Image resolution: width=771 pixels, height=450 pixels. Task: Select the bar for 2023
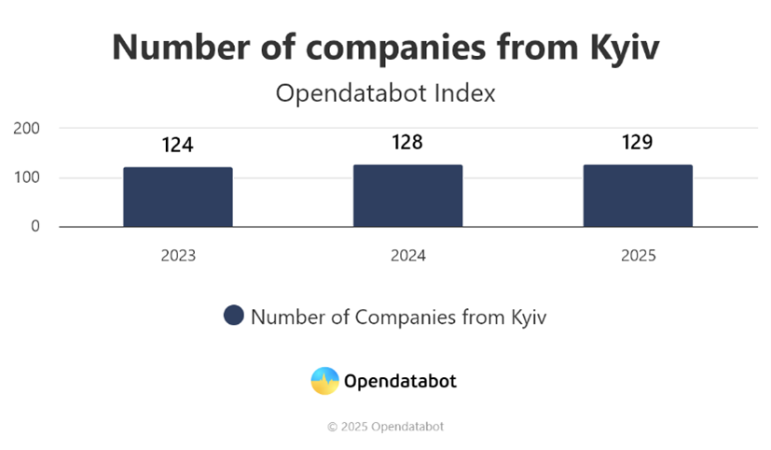(177, 197)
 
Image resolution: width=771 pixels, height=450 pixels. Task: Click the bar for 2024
(407, 196)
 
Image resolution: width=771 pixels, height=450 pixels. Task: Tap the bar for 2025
(638, 196)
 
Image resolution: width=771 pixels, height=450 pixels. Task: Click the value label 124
(177, 146)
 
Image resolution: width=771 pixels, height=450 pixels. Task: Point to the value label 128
(407, 142)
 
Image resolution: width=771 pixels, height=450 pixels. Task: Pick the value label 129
(638, 142)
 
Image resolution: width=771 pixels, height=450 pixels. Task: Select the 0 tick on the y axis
(35, 227)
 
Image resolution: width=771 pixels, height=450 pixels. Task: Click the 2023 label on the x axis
(177, 256)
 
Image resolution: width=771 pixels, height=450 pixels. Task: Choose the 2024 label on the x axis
(407, 256)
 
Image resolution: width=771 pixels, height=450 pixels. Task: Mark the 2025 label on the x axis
(638, 256)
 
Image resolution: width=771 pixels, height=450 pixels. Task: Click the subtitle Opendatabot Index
(385, 93)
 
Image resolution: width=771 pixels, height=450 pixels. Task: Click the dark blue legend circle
(234, 316)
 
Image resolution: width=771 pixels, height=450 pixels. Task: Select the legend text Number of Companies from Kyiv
(399, 316)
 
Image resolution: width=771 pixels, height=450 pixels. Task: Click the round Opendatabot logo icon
(324, 381)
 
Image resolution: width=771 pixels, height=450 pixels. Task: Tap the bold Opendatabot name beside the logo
(400, 381)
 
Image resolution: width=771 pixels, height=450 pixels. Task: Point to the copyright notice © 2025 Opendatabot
(385, 427)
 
